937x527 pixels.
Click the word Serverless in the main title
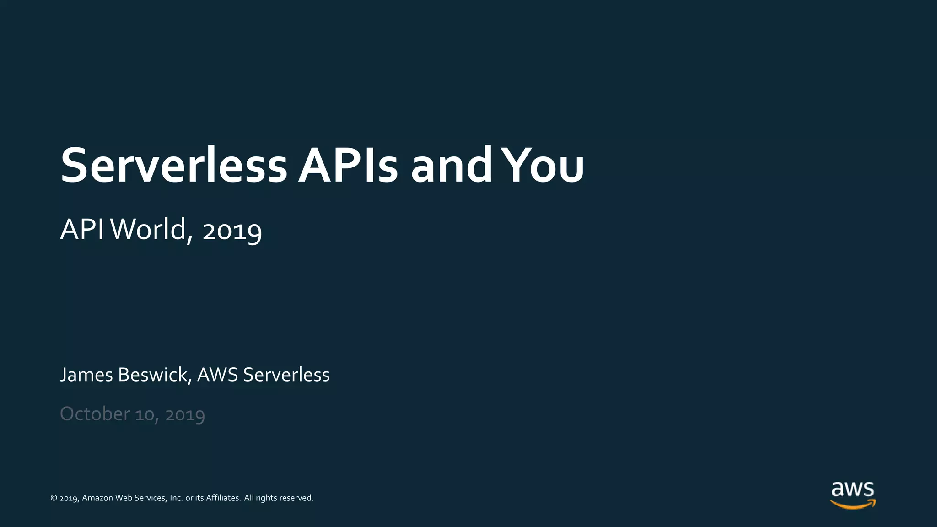click(x=174, y=166)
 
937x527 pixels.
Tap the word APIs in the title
click(x=348, y=166)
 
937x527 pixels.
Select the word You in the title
click(x=543, y=166)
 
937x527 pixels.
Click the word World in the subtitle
click(x=149, y=229)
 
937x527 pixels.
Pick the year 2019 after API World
click(x=232, y=231)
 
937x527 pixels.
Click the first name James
click(x=86, y=375)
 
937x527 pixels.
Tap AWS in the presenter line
click(x=217, y=375)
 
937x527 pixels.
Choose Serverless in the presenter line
click(x=286, y=375)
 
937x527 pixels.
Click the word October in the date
click(x=95, y=414)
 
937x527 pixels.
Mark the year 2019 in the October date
click(x=185, y=415)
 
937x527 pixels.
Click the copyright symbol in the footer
click(x=54, y=498)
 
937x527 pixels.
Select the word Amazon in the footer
click(x=97, y=498)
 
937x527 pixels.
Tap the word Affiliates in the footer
click(x=223, y=498)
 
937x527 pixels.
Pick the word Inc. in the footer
click(x=176, y=498)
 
